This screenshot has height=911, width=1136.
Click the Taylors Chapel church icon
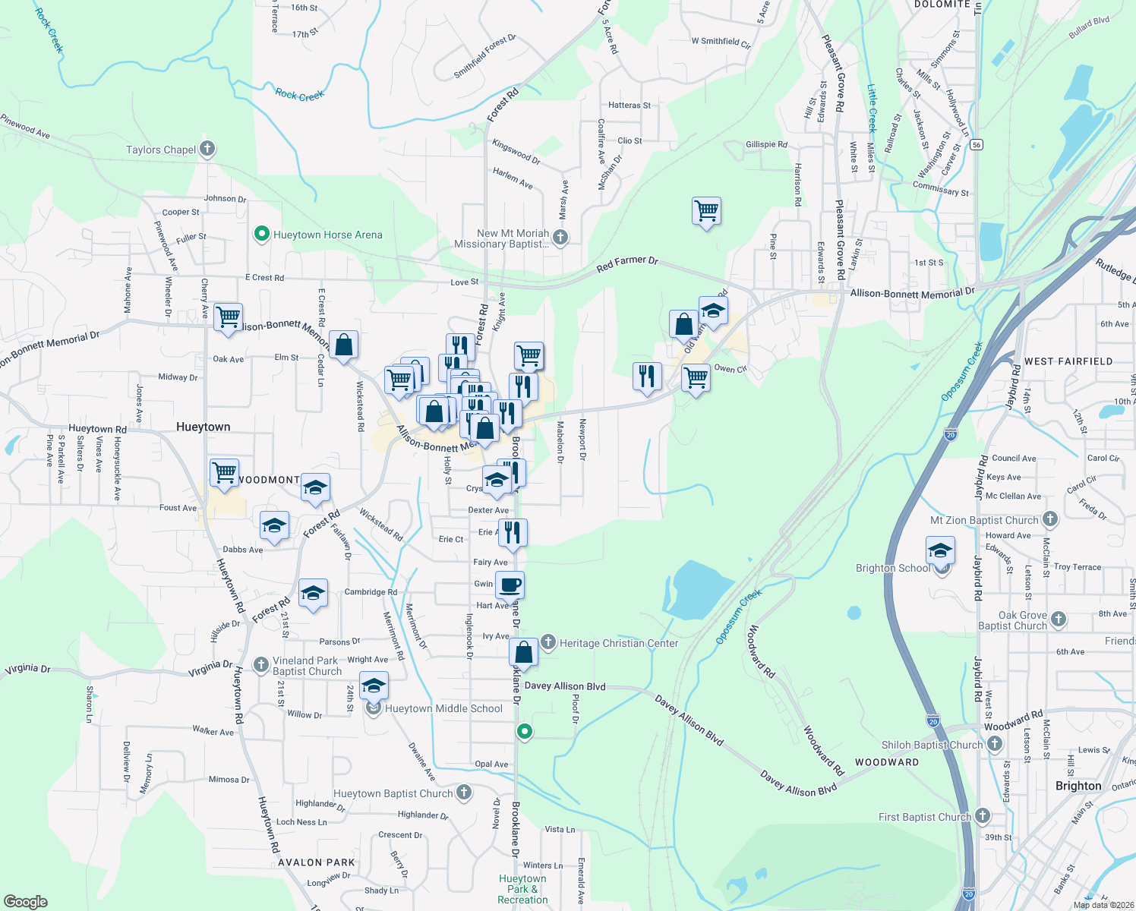click(207, 149)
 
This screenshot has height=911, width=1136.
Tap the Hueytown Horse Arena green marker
click(261, 234)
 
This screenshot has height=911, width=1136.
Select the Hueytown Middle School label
click(443, 708)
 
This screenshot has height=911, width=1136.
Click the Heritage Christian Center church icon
click(547, 642)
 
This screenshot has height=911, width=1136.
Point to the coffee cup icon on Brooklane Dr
click(510, 585)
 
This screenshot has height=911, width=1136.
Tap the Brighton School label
click(893, 568)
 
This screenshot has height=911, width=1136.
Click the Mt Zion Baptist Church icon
click(1049, 519)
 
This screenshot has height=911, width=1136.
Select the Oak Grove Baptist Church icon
click(1058, 619)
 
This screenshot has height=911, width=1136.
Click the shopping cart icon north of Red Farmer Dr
click(706, 210)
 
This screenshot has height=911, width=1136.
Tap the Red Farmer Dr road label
click(626, 263)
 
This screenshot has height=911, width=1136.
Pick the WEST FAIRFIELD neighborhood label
click(1068, 361)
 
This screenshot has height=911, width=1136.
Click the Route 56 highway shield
click(977, 144)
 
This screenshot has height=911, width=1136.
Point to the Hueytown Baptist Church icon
click(463, 793)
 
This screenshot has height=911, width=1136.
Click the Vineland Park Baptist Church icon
click(261, 665)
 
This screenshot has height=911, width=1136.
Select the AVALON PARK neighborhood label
click(317, 862)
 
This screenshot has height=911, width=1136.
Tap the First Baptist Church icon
click(983, 816)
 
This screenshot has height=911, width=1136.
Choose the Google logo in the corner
click(25, 901)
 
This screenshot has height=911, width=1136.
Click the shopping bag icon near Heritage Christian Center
click(523, 651)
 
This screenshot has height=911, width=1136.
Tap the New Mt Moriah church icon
click(560, 238)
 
